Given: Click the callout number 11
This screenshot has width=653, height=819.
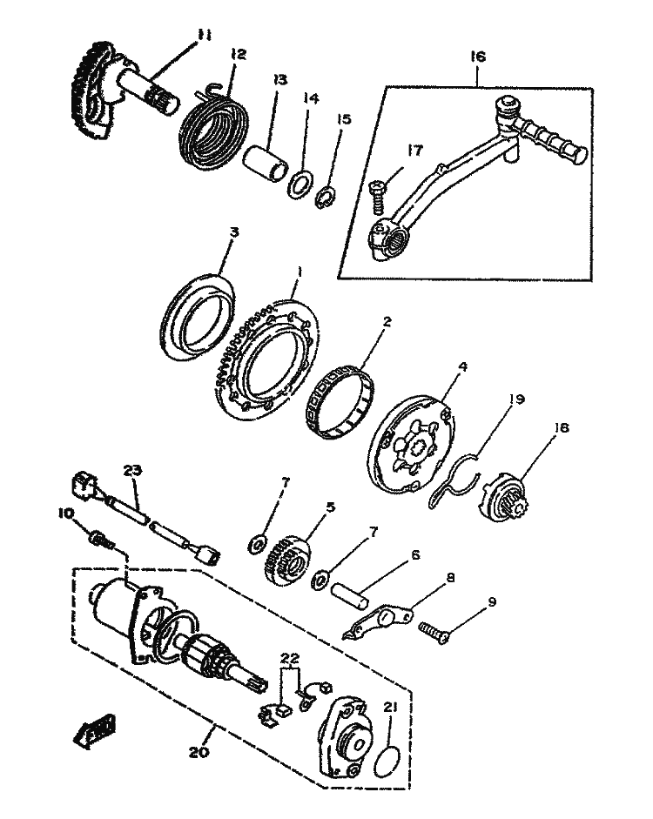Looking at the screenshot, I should [204, 35].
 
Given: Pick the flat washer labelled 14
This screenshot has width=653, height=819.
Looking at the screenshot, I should [301, 185].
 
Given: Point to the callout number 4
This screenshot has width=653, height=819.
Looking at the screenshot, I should [463, 367].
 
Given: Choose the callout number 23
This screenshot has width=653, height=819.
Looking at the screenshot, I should [131, 471].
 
